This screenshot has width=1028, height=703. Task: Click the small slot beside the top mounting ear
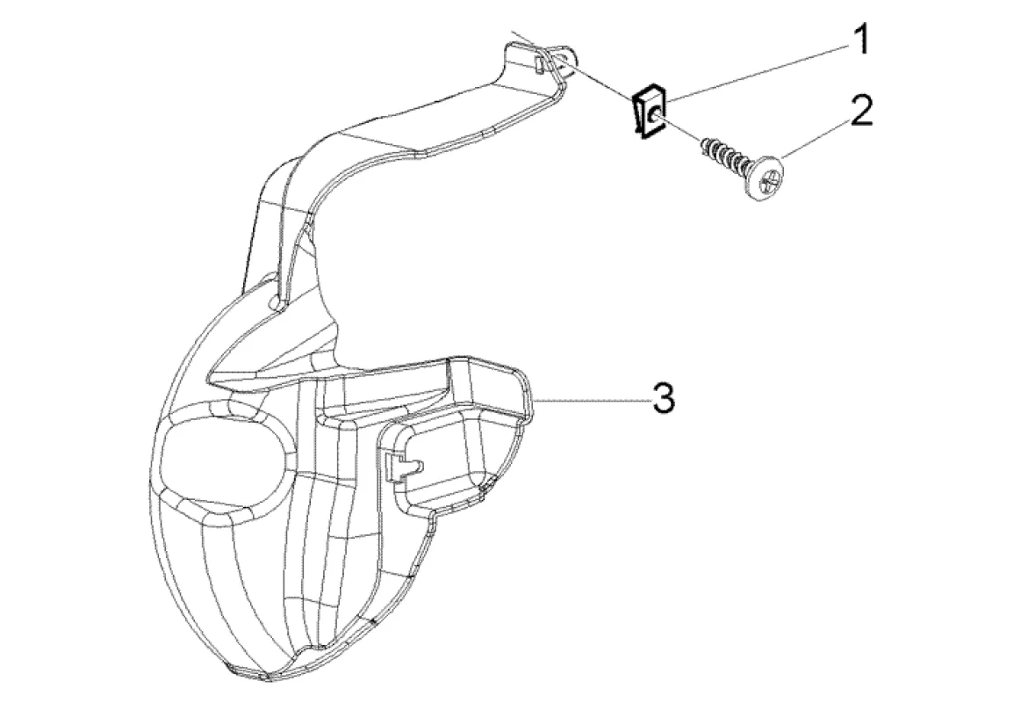point(536,64)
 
